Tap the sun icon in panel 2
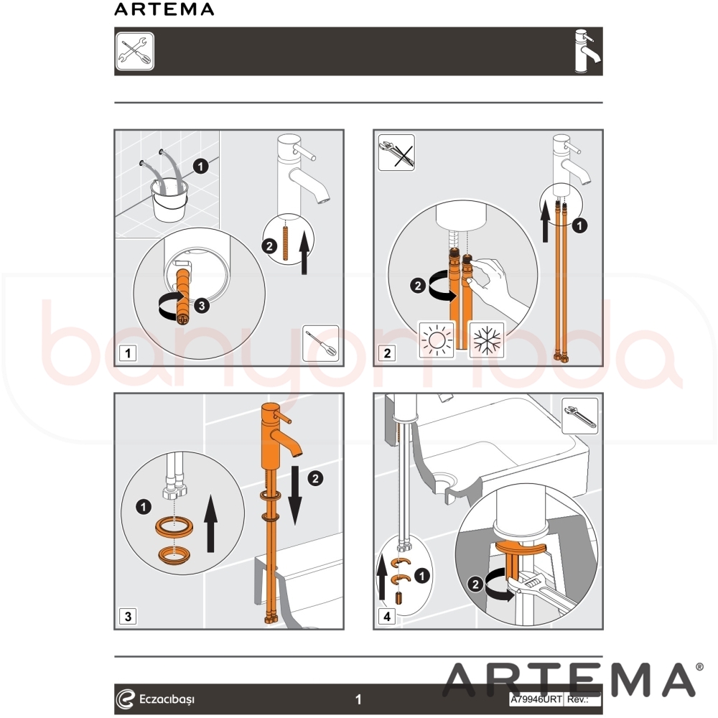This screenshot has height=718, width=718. click(437, 340)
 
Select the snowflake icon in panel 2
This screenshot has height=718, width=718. click(488, 340)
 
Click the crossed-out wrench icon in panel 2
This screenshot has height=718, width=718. click(396, 152)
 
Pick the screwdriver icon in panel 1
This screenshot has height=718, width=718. click(321, 343)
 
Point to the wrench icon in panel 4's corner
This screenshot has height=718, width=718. click(580, 416)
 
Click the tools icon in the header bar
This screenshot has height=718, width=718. click(135, 51)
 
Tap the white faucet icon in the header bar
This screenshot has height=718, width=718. click(587, 51)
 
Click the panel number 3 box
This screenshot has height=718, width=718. click(128, 616)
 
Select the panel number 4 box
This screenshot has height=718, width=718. click(387, 616)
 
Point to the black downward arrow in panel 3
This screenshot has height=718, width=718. click(295, 495)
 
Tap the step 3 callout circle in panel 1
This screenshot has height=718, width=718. click(202, 305)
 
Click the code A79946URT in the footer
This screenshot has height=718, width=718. click(536, 699)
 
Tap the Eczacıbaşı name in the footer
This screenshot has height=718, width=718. click(167, 699)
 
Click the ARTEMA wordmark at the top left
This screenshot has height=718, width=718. click(164, 9)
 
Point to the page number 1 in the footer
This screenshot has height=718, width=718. click(358, 699)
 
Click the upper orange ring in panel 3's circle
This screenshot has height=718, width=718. click(174, 526)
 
